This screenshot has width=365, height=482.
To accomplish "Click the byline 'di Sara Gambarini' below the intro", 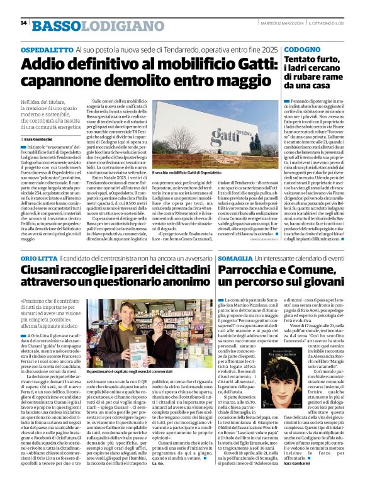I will [x=38, y=138].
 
